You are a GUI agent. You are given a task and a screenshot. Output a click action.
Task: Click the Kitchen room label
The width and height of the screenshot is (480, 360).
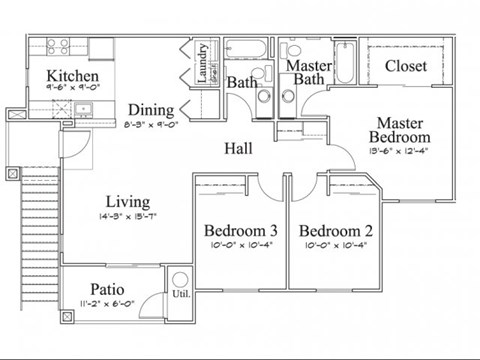72,76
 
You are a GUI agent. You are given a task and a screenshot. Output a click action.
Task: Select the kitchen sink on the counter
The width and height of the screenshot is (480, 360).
83,109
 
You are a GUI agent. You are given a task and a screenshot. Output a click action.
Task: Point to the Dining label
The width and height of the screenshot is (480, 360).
151,110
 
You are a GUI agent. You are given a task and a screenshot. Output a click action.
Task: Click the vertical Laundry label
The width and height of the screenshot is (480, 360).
202,63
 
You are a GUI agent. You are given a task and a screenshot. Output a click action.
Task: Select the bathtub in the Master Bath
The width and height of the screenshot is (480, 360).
343,60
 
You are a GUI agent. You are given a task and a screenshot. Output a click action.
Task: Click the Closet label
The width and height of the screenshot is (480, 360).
405,66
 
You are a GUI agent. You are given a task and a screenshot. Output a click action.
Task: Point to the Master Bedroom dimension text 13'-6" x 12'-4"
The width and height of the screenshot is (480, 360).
399,151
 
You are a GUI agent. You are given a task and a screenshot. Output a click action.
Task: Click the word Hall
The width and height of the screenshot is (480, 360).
237,149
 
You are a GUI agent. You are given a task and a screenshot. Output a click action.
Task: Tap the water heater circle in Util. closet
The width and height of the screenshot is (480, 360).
181,280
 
